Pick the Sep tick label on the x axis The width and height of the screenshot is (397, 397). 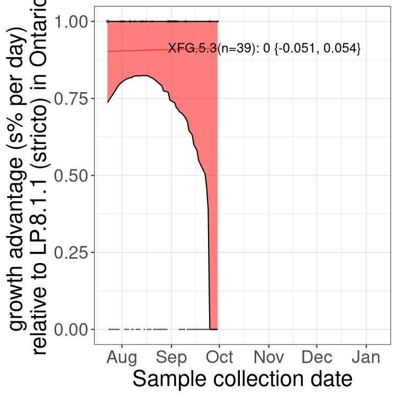tap(172, 357)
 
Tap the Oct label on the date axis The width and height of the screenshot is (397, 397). tap(220, 357)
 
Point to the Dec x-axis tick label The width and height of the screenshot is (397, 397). tap(317, 357)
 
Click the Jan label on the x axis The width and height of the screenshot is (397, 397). tap(366, 357)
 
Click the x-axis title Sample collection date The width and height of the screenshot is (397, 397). tap(242, 380)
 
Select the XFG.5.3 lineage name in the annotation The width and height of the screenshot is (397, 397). tap(192, 48)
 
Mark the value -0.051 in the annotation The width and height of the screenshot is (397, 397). tap(297, 49)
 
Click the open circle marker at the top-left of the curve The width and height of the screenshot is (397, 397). tap(107, 21)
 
